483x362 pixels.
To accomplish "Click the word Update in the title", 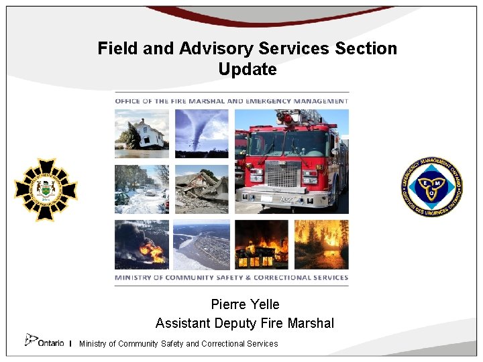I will click(x=247, y=70).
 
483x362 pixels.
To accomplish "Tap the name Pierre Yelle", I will click(x=245, y=305).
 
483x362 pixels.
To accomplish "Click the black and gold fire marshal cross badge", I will click(x=46, y=190).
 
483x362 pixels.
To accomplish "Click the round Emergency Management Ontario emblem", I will click(x=431, y=188).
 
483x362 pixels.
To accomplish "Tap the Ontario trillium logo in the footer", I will click(x=32, y=341).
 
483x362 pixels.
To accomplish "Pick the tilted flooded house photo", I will click(x=142, y=133).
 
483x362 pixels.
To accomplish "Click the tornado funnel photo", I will click(x=201, y=133).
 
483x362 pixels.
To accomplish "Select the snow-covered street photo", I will click(x=142, y=189).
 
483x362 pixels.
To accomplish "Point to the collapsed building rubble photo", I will click(x=201, y=189).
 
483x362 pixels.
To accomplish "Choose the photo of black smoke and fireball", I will click(x=142, y=245).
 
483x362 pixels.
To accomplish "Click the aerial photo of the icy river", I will click(x=201, y=245).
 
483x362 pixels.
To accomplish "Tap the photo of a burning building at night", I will click(x=262, y=245).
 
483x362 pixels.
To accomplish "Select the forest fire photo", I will click(x=321, y=245).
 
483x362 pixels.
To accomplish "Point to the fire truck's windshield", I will click(x=288, y=143).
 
